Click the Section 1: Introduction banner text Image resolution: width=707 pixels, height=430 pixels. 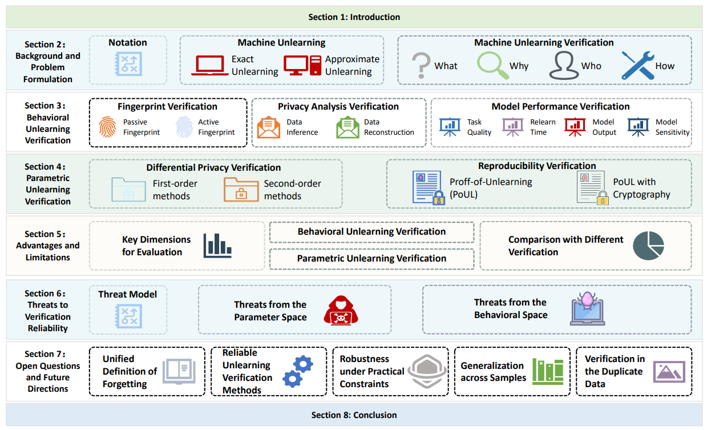pos(354,17)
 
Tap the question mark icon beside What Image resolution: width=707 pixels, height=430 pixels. pos(421,66)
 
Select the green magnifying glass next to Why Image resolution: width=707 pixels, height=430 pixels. pos(491,65)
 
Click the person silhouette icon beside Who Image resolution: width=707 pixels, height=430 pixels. pos(563,65)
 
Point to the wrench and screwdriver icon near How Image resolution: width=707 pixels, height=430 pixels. pos(637,65)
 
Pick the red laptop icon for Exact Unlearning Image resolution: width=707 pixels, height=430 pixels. pos(209,65)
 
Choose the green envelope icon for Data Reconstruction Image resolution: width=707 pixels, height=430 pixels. pos(348,127)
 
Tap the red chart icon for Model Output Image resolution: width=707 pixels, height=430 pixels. pos(575,127)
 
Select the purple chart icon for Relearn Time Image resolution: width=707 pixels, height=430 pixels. pos(513,127)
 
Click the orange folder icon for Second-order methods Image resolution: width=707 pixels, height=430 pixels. pos(241,189)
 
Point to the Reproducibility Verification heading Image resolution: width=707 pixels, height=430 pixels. pos(537,166)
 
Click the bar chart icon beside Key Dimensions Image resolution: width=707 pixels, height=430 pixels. pos(217,246)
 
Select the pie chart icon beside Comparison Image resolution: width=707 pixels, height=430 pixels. pos(649,246)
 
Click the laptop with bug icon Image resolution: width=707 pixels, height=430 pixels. pos(588,308)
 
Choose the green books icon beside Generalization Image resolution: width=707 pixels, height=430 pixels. pos(547,371)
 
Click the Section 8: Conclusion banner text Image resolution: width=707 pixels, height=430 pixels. pos(354,415)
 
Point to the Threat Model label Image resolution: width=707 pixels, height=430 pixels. pos(128,294)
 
